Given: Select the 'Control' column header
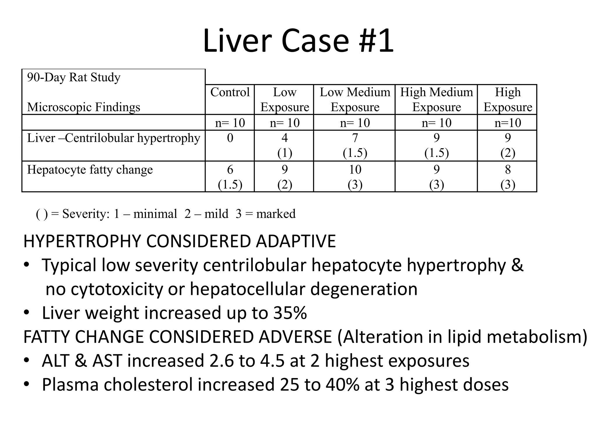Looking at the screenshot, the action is click(x=230, y=92).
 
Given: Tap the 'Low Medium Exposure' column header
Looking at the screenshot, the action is click(x=355, y=100).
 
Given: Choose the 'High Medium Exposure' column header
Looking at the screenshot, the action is click(x=436, y=100).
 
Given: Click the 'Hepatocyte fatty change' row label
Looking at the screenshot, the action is click(x=90, y=170).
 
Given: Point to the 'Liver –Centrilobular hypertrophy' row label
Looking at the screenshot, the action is click(x=114, y=138).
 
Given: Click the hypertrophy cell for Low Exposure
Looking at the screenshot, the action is click(x=285, y=145).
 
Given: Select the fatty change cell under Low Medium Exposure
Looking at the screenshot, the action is click(x=355, y=177).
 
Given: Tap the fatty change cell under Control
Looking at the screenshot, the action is click(x=230, y=177).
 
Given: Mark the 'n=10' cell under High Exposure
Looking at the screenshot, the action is click(x=508, y=123).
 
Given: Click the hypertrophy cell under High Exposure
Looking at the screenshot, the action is click(x=508, y=145).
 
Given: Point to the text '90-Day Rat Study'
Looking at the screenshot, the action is click(x=74, y=78).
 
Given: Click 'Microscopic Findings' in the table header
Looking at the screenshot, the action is click(x=84, y=107).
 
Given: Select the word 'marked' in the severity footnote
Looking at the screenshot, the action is click(x=276, y=214).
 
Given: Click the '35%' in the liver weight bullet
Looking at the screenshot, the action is click(x=290, y=313).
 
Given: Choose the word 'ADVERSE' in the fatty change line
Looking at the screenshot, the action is click(x=295, y=337).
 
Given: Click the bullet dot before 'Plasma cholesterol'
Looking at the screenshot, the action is click(x=27, y=384).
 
